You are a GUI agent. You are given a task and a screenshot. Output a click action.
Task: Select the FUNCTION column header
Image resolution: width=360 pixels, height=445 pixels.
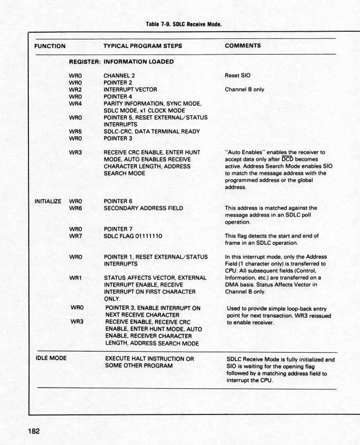pyautogui.click(x=48, y=46)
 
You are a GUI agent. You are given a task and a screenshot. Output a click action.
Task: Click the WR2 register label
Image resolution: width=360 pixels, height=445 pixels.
pyautogui.click(x=76, y=89)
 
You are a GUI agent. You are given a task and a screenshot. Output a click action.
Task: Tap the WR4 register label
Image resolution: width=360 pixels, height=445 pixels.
pyautogui.click(x=76, y=103)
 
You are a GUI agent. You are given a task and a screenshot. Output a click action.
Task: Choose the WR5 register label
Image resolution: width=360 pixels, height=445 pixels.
pyautogui.click(x=76, y=132)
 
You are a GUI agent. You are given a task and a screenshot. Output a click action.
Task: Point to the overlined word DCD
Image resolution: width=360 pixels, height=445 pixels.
pyautogui.click(x=287, y=158)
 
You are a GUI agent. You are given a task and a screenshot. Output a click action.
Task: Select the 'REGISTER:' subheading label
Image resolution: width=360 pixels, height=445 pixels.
pyautogui.click(x=84, y=61)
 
